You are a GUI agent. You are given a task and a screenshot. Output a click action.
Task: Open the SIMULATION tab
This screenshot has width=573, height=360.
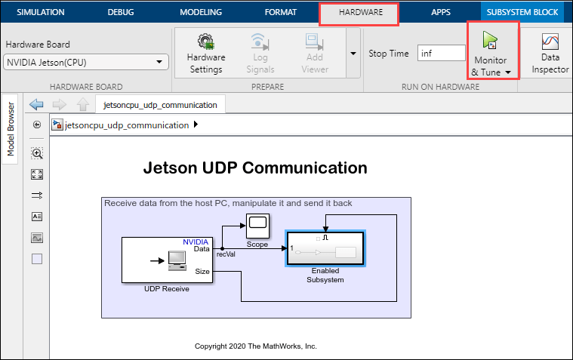(41, 12)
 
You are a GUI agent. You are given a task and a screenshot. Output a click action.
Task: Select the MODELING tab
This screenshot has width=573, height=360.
(201, 12)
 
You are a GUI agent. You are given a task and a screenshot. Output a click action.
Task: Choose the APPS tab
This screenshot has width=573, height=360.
(441, 12)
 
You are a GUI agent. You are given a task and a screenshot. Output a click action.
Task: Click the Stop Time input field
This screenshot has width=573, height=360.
(442, 53)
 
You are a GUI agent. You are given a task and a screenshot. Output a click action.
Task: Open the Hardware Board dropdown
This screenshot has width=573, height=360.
(86, 62)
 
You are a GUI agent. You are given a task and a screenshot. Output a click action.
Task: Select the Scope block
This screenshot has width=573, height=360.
(257, 224)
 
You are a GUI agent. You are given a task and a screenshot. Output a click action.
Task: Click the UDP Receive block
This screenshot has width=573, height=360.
(167, 260)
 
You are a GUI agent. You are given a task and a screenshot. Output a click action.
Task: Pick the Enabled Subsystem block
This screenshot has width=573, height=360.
(325, 249)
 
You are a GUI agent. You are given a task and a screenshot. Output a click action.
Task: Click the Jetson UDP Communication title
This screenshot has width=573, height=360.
(255, 168)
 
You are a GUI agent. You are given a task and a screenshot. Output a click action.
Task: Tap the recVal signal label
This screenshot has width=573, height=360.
(226, 254)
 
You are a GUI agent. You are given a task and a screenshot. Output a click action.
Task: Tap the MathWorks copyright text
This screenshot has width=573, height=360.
(255, 346)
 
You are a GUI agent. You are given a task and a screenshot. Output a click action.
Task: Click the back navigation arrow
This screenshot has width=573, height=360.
(36, 105)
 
